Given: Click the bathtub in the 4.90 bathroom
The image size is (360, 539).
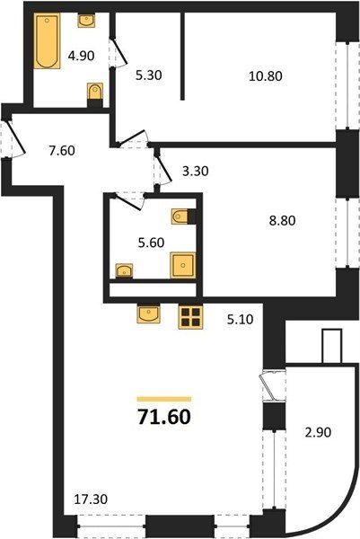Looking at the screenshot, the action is point(47,41).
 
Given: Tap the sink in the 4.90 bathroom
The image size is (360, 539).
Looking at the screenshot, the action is point(86,21).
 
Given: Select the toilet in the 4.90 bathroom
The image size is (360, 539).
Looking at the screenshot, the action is point(95,92).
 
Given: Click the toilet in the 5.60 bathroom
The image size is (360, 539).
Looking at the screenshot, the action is point(180,216).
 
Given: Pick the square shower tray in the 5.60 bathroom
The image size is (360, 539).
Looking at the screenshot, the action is point(183,265).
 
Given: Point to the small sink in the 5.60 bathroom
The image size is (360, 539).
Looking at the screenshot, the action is point(124,270).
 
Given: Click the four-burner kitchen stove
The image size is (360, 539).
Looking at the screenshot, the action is point(191,317).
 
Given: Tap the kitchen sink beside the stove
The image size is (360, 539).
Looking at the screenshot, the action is point(148,314).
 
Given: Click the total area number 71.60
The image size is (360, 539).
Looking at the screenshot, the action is point(164,417).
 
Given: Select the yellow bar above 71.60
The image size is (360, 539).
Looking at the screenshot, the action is point(164,399).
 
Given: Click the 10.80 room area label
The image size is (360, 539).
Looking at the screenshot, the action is point(266,76).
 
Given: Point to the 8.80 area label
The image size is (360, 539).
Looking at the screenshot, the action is point(283,220).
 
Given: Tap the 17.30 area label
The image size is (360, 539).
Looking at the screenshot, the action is point(91,499).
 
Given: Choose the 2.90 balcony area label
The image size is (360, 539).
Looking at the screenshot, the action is point(318,432).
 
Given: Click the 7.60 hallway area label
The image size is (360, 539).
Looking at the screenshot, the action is point(62,150).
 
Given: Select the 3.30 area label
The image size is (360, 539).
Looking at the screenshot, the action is point(196,171).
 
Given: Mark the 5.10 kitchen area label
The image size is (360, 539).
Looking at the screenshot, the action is point(240,319).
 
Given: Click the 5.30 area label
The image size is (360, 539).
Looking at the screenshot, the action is point(148,75).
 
